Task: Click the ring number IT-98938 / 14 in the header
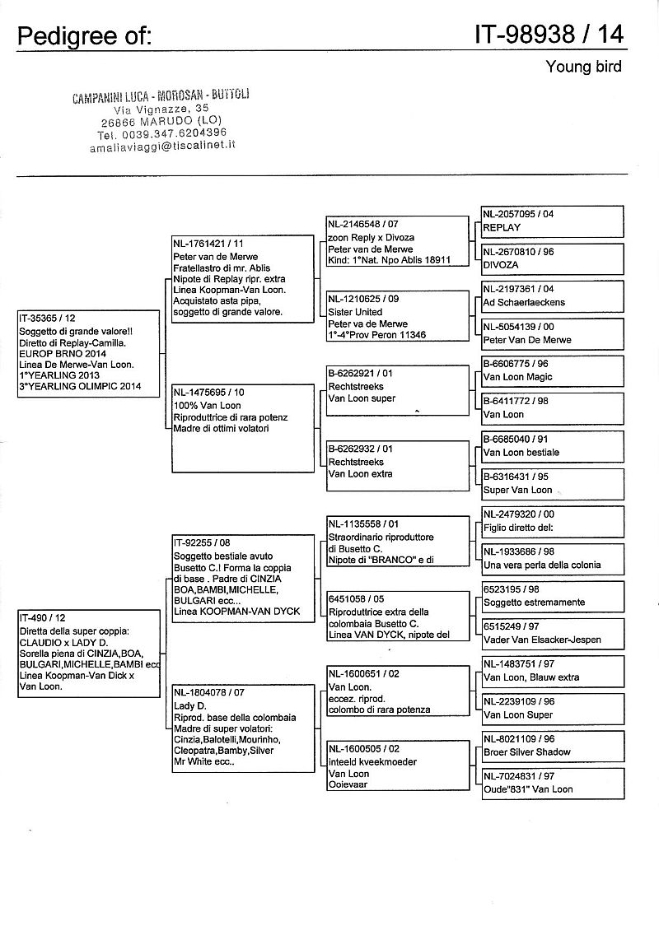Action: click(549, 35)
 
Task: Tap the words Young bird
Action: click(583, 67)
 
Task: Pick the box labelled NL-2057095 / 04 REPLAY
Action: click(552, 221)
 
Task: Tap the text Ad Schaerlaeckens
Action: click(524, 302)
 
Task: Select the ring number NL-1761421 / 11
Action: click(208, 243)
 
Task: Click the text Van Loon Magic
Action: click(517, 377)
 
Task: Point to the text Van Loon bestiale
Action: click(521, 452)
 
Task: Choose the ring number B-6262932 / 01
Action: click(361, 449)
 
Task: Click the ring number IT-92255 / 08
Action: click(202, 543)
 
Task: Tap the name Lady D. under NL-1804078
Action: click(189, 706)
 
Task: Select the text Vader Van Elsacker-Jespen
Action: click(541, 640)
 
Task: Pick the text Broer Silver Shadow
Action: click(527, 752)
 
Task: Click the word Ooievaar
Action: click(348, 785)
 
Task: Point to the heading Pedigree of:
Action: click(83, 35)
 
